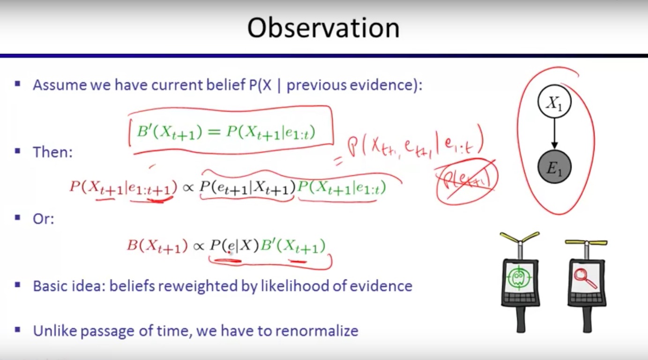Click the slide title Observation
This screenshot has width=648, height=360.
coord(323,28)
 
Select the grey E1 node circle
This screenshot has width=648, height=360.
coord(554,167)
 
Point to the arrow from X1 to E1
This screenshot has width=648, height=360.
coord(554,134)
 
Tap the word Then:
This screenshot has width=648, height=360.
coord(52,152)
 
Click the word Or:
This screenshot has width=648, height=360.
coord(44,219)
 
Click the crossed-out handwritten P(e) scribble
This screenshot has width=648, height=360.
coord(466,181)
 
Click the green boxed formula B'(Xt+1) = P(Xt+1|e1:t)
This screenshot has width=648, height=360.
coord(226,133)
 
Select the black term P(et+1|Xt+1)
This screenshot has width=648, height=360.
coord(247,188)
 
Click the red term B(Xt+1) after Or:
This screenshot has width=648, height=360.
coord(157,246)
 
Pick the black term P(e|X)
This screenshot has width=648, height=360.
coord(234,246)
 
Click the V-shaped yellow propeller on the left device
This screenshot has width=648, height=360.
coord(520,237)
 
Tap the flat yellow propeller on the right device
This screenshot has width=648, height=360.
coord(586,242)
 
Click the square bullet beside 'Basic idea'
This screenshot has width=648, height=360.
coord(18,285)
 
